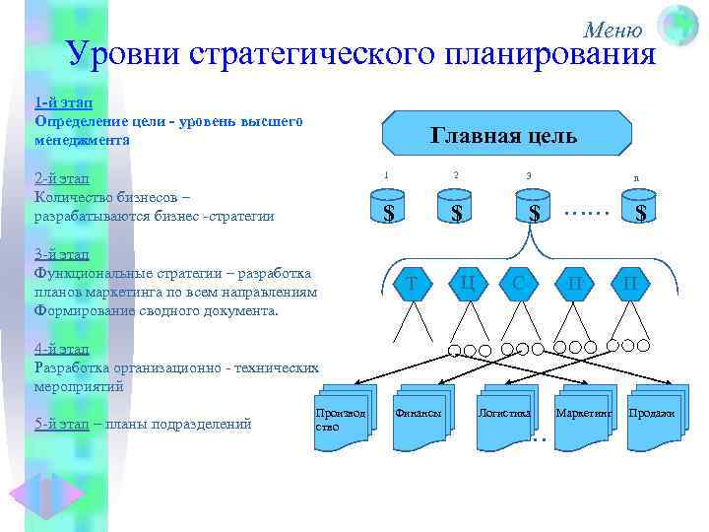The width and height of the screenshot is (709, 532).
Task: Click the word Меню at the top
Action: (612, 30)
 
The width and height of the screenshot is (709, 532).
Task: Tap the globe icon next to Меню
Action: (677, 25)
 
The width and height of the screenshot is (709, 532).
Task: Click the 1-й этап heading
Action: (64, 101)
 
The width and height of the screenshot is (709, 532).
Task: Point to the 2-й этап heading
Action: (62, 178)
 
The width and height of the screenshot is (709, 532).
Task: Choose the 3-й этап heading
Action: (62, 254)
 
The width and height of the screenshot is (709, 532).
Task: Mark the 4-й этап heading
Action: (62, 349)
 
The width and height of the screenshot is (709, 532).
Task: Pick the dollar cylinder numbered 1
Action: (389, 210)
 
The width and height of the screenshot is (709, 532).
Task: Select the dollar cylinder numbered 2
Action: (456, 210)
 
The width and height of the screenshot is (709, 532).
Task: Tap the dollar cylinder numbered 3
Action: (533, 210)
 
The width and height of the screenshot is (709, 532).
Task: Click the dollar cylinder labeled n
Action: (640, 210)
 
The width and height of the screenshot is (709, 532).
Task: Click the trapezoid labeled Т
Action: (412, 284)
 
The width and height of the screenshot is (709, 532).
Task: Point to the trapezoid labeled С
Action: (518, 284)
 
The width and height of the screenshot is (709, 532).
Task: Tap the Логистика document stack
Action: (505, 414)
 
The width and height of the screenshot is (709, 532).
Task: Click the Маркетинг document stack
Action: (583, 414)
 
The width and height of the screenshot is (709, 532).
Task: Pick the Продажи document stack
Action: (653, 414)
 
